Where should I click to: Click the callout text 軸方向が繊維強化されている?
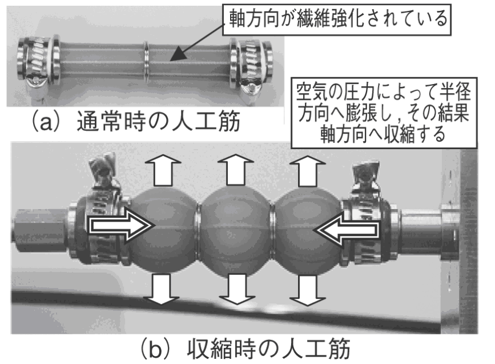pos(338,19)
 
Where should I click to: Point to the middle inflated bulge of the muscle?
pos(235,229)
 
